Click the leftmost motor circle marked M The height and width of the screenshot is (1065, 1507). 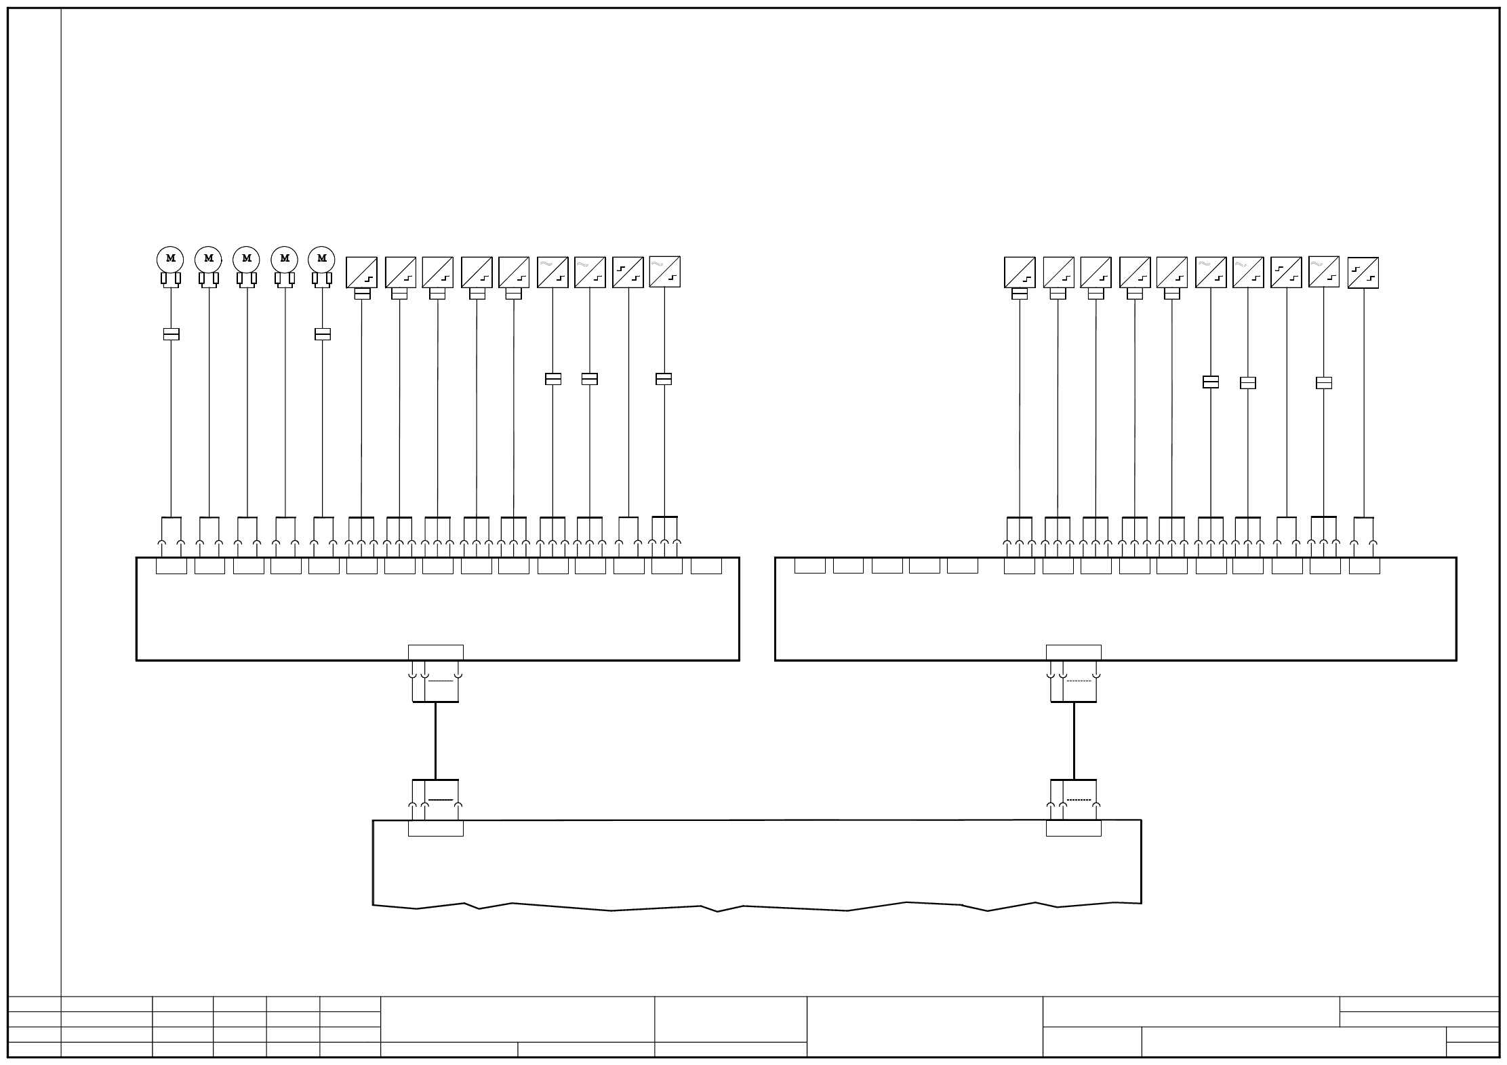coord(170,259)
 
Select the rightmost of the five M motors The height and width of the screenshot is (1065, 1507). coord(322,259)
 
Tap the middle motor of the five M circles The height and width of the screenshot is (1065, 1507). coord(246,259)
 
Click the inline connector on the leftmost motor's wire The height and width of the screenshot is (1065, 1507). coord(172,334)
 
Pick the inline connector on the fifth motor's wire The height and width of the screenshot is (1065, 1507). coord(323,334)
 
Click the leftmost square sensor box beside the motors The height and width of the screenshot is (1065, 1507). coord(361,273)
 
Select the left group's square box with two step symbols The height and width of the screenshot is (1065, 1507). coord(628,273)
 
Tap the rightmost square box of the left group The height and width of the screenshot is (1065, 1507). coord(664,272)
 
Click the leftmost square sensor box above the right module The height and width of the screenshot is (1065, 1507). coord(1020,273)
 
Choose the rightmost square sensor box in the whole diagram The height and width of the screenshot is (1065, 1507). coord(1363,273)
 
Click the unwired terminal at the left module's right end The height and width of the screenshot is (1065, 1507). coord(706,566)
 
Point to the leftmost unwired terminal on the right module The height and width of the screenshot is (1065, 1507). coord(810,566)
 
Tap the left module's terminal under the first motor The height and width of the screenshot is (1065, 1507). coord(172,566)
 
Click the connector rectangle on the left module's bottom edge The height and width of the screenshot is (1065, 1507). coord(436,652)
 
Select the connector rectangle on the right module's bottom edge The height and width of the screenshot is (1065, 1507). coord(1074,652)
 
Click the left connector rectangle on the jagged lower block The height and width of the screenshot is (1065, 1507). coord(436,828)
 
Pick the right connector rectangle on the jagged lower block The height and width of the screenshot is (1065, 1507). coord(1074,828)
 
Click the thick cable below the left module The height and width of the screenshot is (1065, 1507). coord(435,740)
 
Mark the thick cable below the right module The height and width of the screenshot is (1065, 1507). coord(1074,740)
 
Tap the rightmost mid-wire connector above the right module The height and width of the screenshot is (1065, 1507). coord(1324,383)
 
